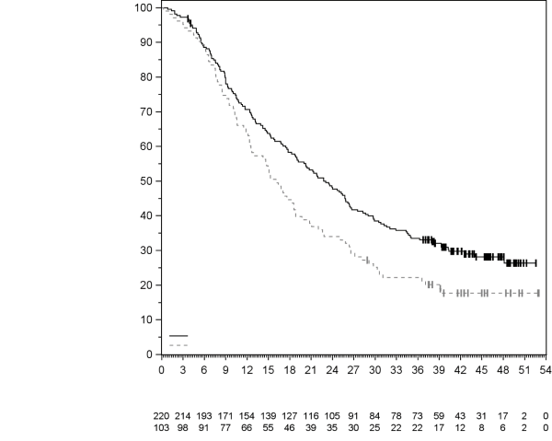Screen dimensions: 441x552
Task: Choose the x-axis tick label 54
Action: pyautogui.click(x=546, y=369)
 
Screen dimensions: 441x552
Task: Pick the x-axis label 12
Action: pyautogui.click(x=247, y=369)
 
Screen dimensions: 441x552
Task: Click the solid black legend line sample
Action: pyautogui.click(x=178, y=336)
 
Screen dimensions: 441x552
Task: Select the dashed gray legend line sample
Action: pyautogui.click(x=178, y=344)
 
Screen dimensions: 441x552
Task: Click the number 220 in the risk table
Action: pyautogui.click(x=161, y=416)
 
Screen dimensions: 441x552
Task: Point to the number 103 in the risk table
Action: pyautogui.click(x=161, y=427)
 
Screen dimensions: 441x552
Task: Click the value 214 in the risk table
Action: pyautogui.click(x=182, y=416)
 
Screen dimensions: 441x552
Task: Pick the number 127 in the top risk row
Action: pyautogui.click(x=289, y=416)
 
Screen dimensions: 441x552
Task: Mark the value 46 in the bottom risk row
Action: pyautogui.click(x=289, y=427)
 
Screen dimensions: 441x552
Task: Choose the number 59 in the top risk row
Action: pyautogui.click(x=439, y=416)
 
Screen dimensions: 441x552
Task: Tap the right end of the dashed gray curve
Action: pyautogui.click(x=539, y=293)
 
